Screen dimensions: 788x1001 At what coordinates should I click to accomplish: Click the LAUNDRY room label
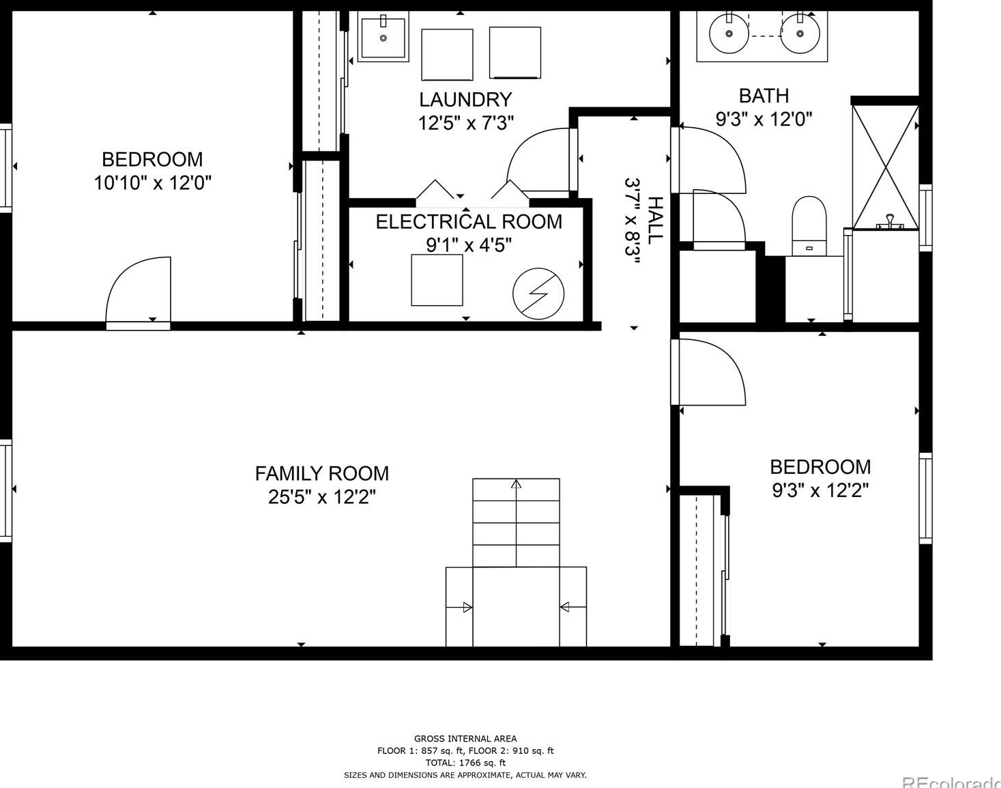pyautogui.click(x=465, y=100)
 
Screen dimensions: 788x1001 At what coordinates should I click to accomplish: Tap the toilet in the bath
pyautogui.click(x=809, y=225)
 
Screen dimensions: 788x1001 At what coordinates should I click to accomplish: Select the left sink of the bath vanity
pyautogui.click(x=729, y=33)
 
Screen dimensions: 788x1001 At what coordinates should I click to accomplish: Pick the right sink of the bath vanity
pyautogui.click(x=800, y=33)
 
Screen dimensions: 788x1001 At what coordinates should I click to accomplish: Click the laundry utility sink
pyautogui.click(x=383, y=38)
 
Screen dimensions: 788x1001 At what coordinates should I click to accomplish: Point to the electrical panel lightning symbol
pyautogui.click(x=538, y=294)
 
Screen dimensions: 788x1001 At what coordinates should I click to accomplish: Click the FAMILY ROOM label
pyautogui.click(x=322, y=473)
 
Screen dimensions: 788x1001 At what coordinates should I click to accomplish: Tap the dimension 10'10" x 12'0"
pyautogui.click(x=153, y=183)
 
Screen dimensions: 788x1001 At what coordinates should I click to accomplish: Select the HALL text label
pyautogui.click(x=655, y=220)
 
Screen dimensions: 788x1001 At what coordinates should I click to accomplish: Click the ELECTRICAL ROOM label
pyautogui.click(x=469, y=222)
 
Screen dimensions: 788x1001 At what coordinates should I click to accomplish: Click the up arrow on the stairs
pyautogui.click(x=517, y=484)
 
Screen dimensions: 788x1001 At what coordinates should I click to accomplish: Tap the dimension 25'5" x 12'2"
pyautogui.click(x=322, y=496)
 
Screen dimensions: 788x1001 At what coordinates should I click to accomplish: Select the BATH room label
pyautogui.click(x=764, y=96)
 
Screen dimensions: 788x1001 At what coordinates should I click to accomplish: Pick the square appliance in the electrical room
pyautogui.click(x=437, y=280)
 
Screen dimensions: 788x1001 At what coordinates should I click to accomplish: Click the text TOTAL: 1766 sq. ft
pyautogui.click(x=465, y=763)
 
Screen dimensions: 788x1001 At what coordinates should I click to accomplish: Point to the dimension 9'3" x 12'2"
pyautogui.click(x=820, y=490)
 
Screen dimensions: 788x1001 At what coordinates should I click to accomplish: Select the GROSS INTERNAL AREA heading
pyautogui.click(x=465, y=738)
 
